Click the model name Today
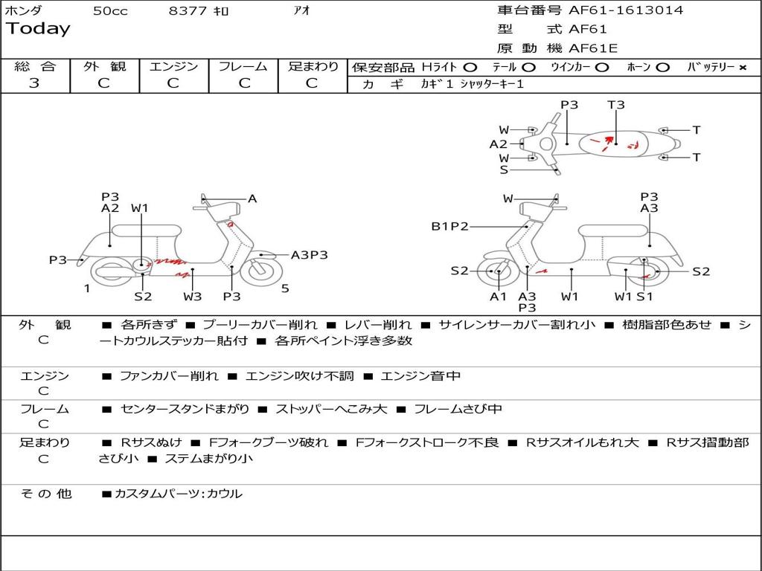point(38,29)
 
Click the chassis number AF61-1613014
point(626,10)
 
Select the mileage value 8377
point(188,11)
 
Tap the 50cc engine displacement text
point(110,11)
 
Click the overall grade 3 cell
point(34,83)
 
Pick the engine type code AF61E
point(593,48)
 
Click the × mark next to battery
point(743,68)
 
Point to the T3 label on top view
point(616,105)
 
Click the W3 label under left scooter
point(193,297)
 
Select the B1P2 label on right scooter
point(449,226)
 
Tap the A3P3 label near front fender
point(309,255)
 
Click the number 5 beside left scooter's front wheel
point(285,288)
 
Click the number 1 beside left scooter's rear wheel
point(87,288)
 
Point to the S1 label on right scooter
point(644,297)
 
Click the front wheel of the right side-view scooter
point(497,272)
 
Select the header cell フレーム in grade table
point(243,66)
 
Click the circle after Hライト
point(470,68)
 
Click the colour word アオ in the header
point(303,11)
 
